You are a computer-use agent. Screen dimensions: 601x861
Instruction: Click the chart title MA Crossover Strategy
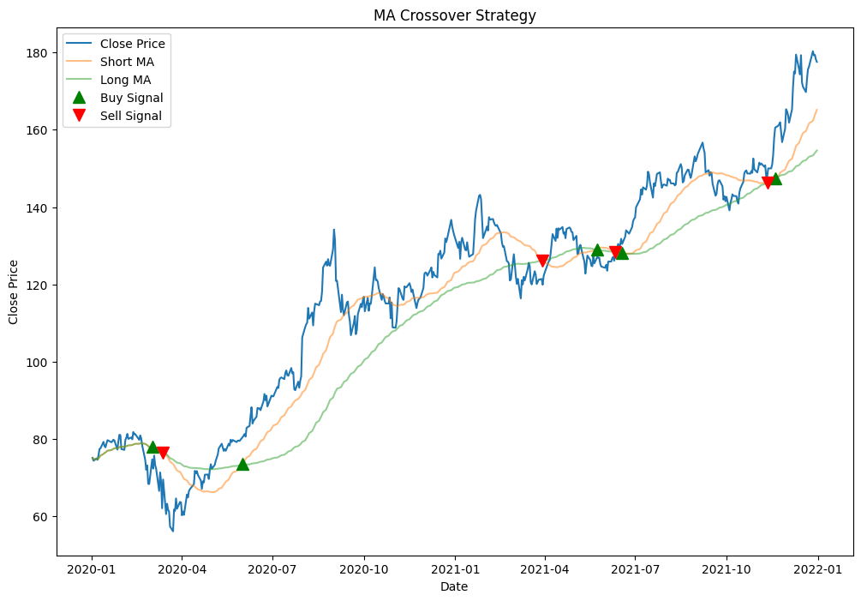[454, 15]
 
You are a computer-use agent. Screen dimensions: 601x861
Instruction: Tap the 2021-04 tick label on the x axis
[544, 568]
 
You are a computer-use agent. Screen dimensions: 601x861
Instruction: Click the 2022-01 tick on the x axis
[817, 568]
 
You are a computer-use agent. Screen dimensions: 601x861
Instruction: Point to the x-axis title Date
[454, 586]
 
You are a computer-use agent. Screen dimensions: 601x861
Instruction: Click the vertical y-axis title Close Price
[14, 291]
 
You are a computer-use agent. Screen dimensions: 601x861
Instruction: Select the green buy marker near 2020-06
[242, 464]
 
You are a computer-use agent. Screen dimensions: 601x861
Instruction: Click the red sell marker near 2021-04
[542, 261]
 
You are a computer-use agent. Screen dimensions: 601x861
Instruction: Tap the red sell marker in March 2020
[163, 453]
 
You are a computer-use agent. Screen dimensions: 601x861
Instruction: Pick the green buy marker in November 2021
[775, 178]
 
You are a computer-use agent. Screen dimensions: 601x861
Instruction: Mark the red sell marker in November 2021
[768, 183]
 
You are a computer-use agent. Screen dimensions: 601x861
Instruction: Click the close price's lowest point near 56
[172, 531]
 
